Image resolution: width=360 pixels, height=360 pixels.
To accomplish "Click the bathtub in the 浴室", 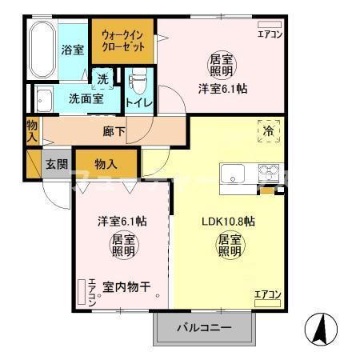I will pyautogui.click(x=41, y=50).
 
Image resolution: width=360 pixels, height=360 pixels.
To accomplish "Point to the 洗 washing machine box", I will pyautogui.click(x=102, y=79).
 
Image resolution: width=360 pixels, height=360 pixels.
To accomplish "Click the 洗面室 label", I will pyautogui.click(x=86, y=99).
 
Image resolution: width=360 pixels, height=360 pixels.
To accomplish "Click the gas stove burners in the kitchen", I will pyautogui.click(x=268, y=172).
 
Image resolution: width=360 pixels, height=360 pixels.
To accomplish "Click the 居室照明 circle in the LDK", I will pyautogui.click(x=230, y=246).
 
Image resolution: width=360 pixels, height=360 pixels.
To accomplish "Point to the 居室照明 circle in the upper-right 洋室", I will pyautogui.click(x=222, y=64).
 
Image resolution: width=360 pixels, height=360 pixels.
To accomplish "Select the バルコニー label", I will pyautogui.click(x=204, y=328).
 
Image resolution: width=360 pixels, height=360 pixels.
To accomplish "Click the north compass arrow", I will pyautogui.click(x=319, y=328).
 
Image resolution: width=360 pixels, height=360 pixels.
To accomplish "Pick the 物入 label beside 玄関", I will pyautogui.click(x=106, y=164).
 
